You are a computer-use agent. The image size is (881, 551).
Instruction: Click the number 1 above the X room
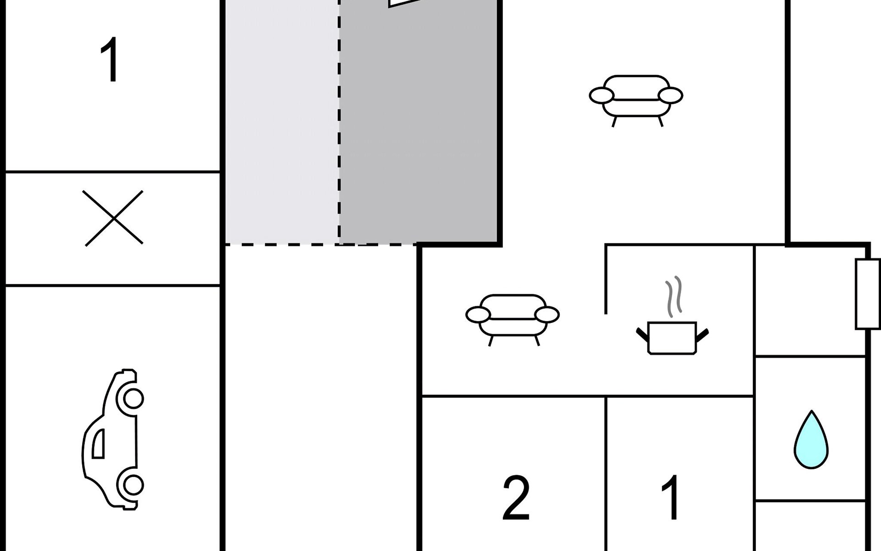point(109,60)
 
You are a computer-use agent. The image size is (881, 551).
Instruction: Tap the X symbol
point(113,218)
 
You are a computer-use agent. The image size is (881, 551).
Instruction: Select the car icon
point(113,439)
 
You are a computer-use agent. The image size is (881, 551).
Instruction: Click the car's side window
point(98,444)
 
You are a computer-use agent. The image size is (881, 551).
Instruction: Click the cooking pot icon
point(672,338)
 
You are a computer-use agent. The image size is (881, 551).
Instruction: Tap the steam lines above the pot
point(674,297)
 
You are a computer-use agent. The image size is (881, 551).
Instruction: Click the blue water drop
point(811,440)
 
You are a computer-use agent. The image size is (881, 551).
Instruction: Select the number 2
point(516,498)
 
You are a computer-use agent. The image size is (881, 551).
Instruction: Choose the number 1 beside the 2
point(671,497)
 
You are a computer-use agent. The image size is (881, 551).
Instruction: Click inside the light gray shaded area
point(282,122)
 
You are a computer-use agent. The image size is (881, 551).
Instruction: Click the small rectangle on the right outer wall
point(867,294)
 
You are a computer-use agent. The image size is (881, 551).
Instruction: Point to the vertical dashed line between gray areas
point(339,122)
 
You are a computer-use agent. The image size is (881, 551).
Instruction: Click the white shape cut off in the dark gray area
point(404,3)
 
